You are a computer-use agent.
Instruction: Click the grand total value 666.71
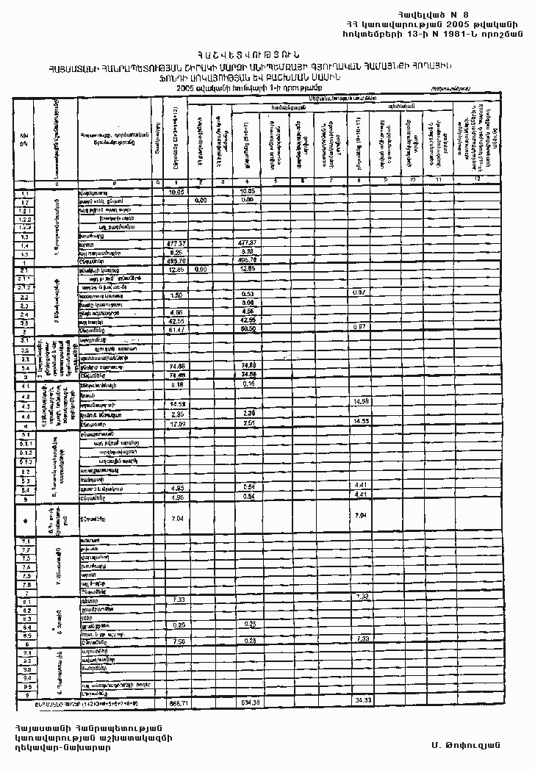point(176,704)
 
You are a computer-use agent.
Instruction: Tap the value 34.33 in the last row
point(362,699)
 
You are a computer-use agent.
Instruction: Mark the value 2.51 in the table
point(248,424)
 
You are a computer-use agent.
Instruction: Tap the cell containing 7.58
point(176,640)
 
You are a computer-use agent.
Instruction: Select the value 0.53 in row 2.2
point(248,295)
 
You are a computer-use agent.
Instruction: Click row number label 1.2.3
point(25,228)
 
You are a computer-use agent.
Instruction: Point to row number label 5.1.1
point(25,443)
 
